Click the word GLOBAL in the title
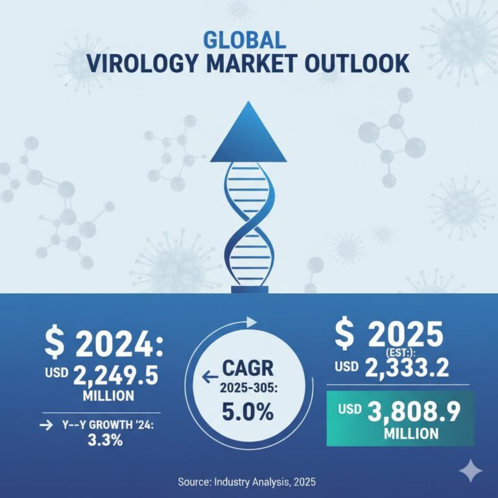pos(244,40)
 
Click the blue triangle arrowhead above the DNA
pos(248,137)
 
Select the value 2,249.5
pos(121,373)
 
